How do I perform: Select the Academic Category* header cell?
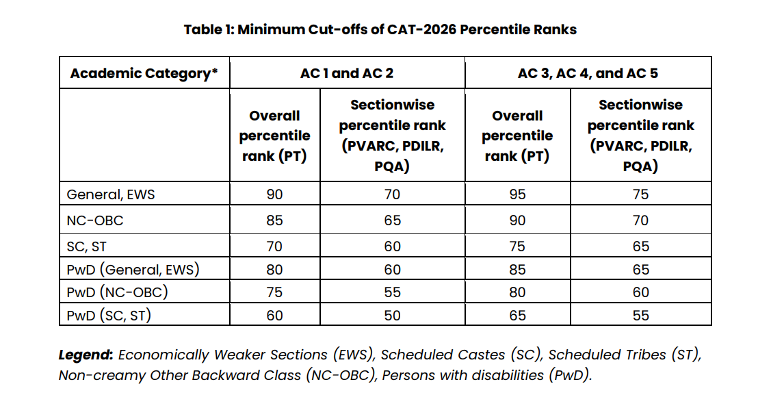click(x=144, y=73)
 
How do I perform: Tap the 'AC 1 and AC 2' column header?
click(x=347, y=73)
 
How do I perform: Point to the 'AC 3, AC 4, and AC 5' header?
click(x=588, y=73)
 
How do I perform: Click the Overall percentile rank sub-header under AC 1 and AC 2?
click(x=274, y=136)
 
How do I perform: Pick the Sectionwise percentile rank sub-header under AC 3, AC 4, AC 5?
click(x=640, y=136)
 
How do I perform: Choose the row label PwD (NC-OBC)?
click(x=117, y=292)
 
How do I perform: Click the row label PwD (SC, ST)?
click(x=109, y=316)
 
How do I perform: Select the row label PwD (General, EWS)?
click(x=133, y=269)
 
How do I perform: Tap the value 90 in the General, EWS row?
click(x=274, y=194)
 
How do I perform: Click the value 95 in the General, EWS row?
click(x=517, y=194)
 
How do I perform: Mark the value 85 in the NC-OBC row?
click(x=274, y=220)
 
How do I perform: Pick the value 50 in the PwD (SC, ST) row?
click(x=392, y=316)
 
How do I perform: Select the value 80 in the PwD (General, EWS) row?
click(x=274, y=269)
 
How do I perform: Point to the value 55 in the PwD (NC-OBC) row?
click(x=392, y=292)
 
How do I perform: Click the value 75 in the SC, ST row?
click(x=517, y=247)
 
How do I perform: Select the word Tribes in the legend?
click(x=644, y=355)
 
